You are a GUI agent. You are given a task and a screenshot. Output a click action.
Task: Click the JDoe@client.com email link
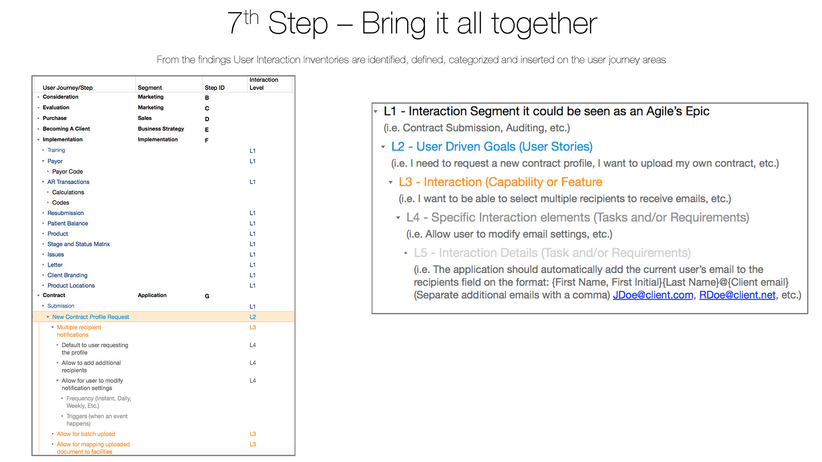(653, 295)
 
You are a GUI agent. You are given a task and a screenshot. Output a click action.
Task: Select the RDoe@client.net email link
(737, 295)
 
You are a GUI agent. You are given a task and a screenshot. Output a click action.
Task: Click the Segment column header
(150, 88)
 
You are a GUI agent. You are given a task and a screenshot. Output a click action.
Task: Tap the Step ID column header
(214, 88)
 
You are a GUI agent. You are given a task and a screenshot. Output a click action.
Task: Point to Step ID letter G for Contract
(207, 296)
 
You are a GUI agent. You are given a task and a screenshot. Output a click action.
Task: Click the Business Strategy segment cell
(161, 129)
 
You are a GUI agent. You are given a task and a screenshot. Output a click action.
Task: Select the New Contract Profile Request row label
(90, 317)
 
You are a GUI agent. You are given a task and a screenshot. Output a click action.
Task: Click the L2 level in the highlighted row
(253, 317)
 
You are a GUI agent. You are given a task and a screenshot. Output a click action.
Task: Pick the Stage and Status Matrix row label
(79, 244)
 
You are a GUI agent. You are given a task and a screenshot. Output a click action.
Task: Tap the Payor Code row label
(68, 172)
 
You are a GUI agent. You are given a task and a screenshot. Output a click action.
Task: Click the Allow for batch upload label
(86, 434)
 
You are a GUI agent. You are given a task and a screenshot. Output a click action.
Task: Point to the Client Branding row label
(68, 275)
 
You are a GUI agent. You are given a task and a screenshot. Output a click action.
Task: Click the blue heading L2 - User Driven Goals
(492, 147)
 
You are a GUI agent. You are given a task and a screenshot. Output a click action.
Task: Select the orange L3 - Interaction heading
(500, 182)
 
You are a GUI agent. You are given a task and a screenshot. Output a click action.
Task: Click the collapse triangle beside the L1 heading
(375, 112)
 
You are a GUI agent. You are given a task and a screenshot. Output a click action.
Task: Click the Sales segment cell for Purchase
(145, 118)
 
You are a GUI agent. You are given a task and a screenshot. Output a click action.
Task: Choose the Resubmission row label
(66, 213)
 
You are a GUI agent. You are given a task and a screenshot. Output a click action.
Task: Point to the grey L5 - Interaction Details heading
(552, 253)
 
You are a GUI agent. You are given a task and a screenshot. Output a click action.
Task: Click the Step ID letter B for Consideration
(207, 98)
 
